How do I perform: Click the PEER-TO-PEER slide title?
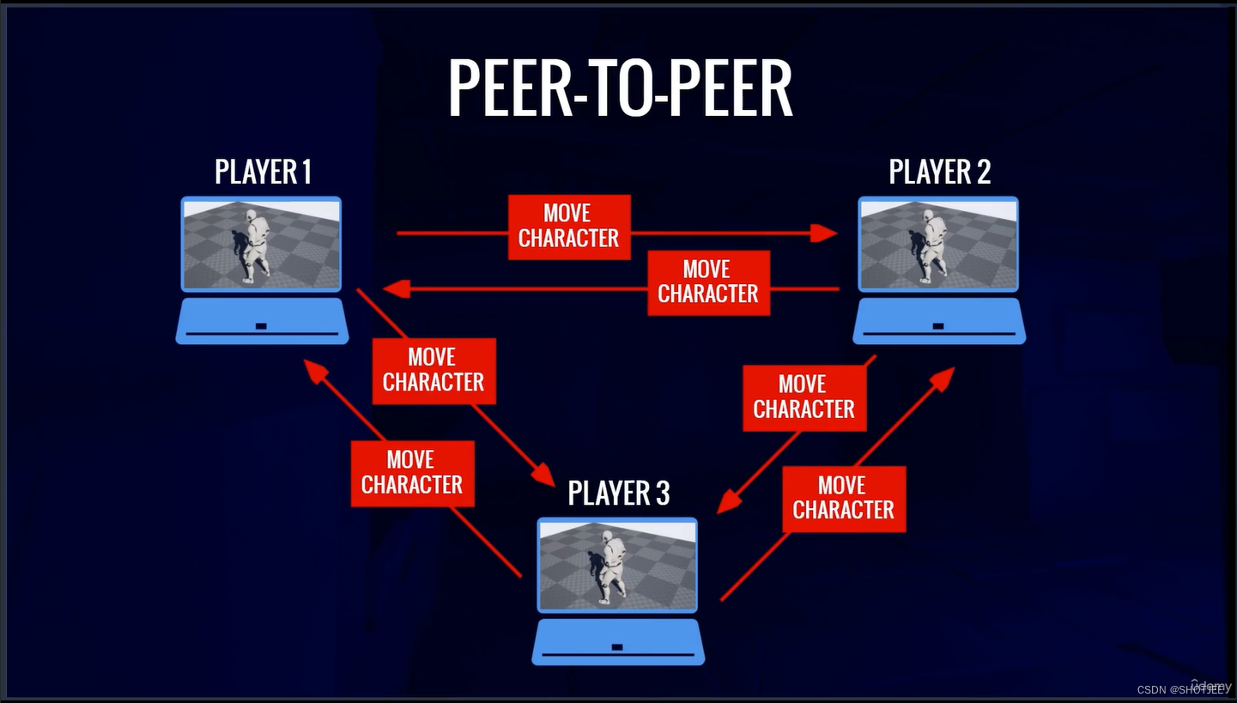point(619,89)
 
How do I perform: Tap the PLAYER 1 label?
point(263,173)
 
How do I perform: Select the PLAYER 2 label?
point(939,173)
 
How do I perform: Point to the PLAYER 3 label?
point(618,494)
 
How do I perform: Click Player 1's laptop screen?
point(261,245)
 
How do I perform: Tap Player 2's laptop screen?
point(938,245)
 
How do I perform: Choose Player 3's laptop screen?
point(617,565)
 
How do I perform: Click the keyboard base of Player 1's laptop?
point(262,322)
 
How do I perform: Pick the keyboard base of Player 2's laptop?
point(939,322)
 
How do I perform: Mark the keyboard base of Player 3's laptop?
point(618,643)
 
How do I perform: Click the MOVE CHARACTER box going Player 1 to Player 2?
point(568,227)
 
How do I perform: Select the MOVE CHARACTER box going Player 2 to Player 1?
point(707,282)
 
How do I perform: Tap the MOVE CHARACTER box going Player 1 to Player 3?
point(434,370)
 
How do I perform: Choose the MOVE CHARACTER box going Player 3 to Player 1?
point(412,473)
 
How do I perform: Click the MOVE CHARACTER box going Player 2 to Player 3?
point(803,397)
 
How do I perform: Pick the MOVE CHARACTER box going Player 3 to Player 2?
point(843,499)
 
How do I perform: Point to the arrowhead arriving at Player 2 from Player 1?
point(825,233)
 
